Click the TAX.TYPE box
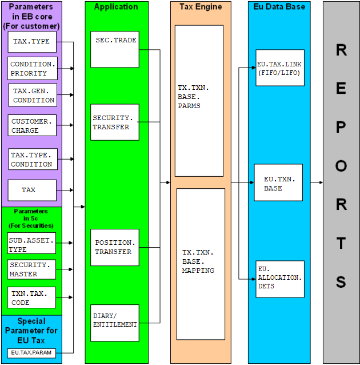coord(33,42)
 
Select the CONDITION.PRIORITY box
coord(33,68)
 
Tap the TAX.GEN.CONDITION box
coord(34,96)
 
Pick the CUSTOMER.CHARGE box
coord(33,126)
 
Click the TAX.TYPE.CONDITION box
coord(34,160)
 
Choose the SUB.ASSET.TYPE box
coord(31,245)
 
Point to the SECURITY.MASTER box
coord(31,269)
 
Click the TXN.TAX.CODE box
coord(31,298)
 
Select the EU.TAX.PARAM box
coord(31,352)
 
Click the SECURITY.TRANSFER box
coord(114,122)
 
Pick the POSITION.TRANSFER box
coord(114,247)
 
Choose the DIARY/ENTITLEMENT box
coord(114,320)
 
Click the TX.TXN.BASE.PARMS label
coord(194,97)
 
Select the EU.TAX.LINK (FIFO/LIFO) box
coord(280,68)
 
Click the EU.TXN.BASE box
coord(278,183)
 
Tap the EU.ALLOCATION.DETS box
coord(279,277)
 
